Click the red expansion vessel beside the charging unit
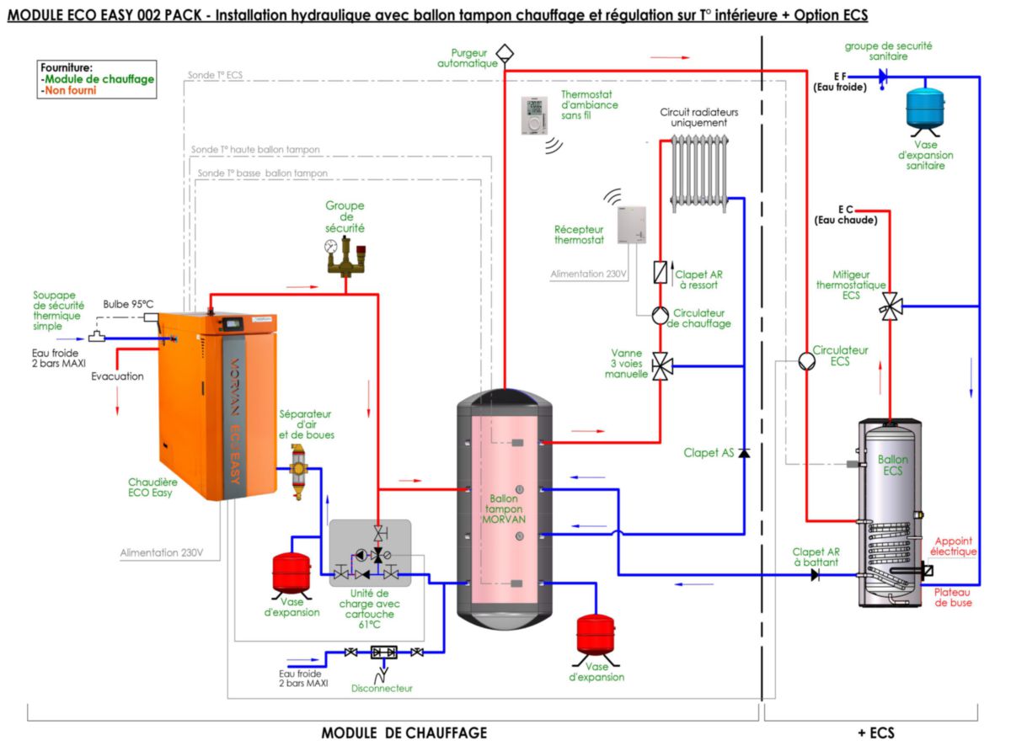(292, 573)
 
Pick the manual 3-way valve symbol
(662, 365)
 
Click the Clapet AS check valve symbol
(743, 453)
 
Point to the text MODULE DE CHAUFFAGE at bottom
(404, 733)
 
